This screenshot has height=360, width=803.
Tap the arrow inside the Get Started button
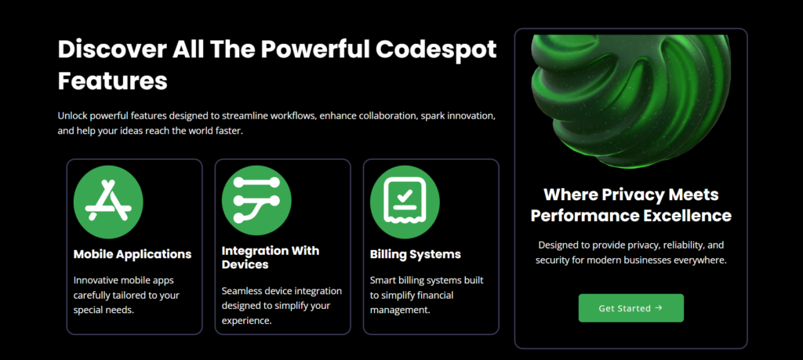659,307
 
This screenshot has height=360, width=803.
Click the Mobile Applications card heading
133,254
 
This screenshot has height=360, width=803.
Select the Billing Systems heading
416,254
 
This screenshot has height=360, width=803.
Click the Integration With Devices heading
271,257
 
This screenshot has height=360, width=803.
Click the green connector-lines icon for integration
256,201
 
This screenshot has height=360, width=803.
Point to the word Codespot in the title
436,49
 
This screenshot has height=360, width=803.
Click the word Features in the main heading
113,82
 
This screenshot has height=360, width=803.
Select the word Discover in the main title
112,49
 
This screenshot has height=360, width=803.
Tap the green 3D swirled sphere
631,100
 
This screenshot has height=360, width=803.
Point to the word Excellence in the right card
687,216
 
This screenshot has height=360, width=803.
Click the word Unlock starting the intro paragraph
71,115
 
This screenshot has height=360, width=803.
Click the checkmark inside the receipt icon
405,195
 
